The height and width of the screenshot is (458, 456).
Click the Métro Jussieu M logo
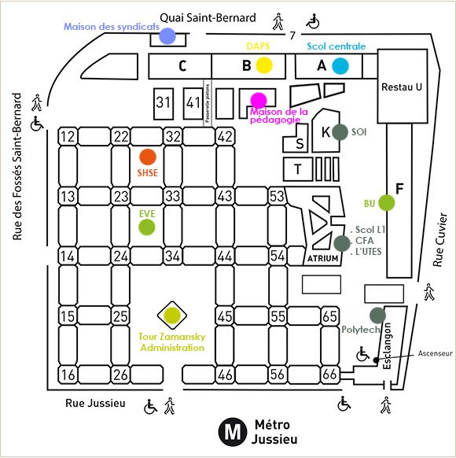tap(231, 431)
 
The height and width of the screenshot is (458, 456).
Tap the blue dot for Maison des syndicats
tap(167, 36)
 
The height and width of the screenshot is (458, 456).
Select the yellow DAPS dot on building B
tap(264, 65)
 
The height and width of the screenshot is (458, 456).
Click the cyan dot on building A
tap(340, 65)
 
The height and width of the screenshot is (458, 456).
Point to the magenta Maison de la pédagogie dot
tap(258, 100)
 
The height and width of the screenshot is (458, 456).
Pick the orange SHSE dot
tap(147, 156)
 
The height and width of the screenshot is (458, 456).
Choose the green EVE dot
tap(147, 227)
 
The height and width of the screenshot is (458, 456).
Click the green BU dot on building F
tap(386, 202)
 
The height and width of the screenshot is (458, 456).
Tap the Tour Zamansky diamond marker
tap(171, 316)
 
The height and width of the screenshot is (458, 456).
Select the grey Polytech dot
tap(377, 315)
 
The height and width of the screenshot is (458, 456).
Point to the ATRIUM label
tap(322, 258)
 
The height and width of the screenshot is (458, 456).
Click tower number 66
tap(330, 375)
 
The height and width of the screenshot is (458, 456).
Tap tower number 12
tap(68, 138)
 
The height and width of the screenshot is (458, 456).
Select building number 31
tap(163, 102)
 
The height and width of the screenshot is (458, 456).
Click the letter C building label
tap(182, 66)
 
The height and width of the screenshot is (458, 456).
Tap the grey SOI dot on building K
tap(340, 131)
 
